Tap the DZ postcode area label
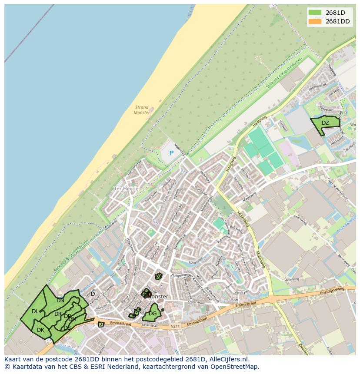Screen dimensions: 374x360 coord(325,123)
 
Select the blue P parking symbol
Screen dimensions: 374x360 coord(171,153)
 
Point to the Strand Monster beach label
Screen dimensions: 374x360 coord(142,110)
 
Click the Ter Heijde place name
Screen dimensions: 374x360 coord(126,189)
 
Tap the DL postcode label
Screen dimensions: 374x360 coord(35,311)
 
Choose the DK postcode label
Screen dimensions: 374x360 coord(40,330)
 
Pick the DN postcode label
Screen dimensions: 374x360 coord(60,300)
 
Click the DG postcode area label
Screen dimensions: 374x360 coord(153,314)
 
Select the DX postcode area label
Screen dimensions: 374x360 coord(159,276)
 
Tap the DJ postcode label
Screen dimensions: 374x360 coord(101,324)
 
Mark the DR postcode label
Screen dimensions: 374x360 coord(58,314)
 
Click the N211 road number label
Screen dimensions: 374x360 coord(175,326)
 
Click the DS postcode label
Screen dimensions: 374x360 coord(67,328)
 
